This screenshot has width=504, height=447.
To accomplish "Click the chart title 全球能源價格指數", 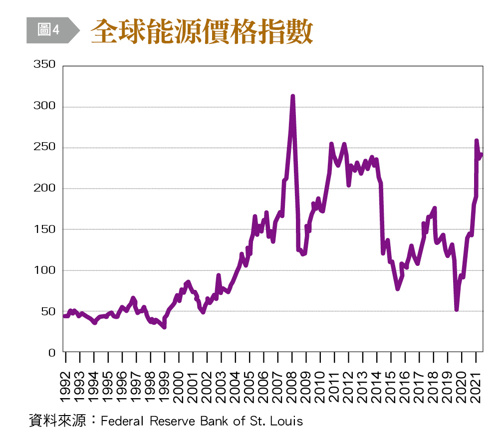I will [202, 32].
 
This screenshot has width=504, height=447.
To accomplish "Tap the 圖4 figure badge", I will [49, 30].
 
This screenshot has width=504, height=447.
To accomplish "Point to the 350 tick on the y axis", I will [44, 66].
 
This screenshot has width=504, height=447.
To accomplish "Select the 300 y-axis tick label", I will [44, 107].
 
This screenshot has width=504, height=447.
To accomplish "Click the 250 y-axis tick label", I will [44, 148].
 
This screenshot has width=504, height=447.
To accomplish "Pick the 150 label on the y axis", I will [44, 229].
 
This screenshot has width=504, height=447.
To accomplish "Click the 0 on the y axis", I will [51, 352].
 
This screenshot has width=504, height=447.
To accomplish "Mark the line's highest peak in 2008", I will [292, 97].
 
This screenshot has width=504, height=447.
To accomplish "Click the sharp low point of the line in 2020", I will [456, 309].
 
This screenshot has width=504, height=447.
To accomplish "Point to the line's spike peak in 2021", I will [476, 141].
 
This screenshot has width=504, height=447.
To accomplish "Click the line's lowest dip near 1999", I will [164, 326].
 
